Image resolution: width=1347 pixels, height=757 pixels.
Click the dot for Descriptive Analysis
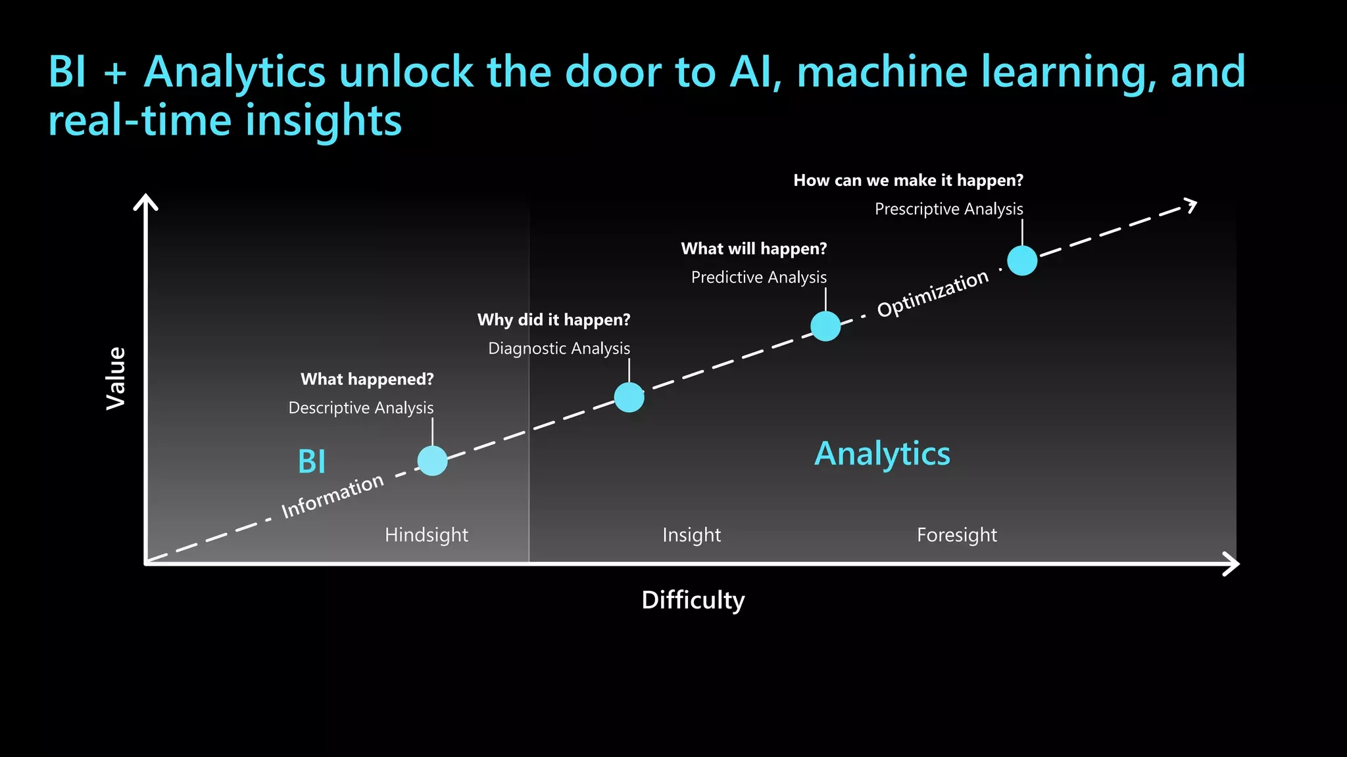coord(432,461)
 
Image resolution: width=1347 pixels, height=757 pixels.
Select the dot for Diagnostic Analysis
coord(629,397)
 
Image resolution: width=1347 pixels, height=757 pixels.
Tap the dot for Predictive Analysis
coord(825,326)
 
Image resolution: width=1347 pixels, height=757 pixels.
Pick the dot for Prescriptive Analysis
coord(1022,260)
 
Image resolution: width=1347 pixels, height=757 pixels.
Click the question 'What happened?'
coord(367,379)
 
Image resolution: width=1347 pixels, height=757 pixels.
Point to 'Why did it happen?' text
coord(554,320)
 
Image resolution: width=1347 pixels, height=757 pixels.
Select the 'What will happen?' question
coord(754,249)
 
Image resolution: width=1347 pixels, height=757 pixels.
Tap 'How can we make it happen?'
coord(908,181)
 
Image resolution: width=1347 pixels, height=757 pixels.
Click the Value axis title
coord(116,378)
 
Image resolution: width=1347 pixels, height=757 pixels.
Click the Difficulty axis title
coord(693,600)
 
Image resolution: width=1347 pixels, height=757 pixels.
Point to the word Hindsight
coord(426,535)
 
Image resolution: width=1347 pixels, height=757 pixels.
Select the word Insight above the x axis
coord(691,535)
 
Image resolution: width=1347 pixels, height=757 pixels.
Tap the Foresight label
coord(956,535)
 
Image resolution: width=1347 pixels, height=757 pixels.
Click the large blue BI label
coord(312,461)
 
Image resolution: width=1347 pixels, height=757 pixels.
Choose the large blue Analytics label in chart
coord(882,453)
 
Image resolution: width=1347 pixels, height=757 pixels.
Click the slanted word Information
coord(333,496)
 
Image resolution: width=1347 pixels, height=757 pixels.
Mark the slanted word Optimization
coord(933,294)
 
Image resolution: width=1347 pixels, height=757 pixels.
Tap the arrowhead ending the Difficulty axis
coord(1233,563)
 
